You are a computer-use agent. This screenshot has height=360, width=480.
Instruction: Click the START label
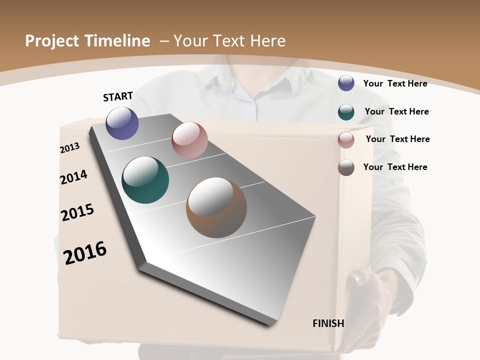point(118,96)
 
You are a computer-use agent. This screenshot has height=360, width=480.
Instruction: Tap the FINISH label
point(328,323)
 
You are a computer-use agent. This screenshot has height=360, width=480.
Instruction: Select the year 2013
point(70,147)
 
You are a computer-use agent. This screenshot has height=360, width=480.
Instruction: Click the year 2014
point(73,177)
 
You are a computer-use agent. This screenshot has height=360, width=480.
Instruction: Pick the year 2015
point(77,212)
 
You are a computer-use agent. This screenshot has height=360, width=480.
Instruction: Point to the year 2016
point(85,253)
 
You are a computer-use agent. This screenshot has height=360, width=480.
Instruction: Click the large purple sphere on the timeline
point(122,123)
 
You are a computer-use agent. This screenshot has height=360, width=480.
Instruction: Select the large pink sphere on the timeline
point(189,140)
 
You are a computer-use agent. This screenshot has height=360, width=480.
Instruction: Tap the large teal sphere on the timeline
point(145,180)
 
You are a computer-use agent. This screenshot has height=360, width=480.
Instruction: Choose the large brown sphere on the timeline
point(216,207)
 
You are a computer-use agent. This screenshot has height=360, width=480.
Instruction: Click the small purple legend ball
point(346,83)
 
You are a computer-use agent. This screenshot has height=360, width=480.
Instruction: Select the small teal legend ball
point(346,112)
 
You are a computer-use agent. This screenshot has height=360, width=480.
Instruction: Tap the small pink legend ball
point(346,140)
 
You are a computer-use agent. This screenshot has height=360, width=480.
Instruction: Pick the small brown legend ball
point(346,167)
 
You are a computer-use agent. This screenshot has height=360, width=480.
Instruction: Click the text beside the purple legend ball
point(395,83)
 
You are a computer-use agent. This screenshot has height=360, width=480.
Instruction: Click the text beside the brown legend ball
point(395,167)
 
